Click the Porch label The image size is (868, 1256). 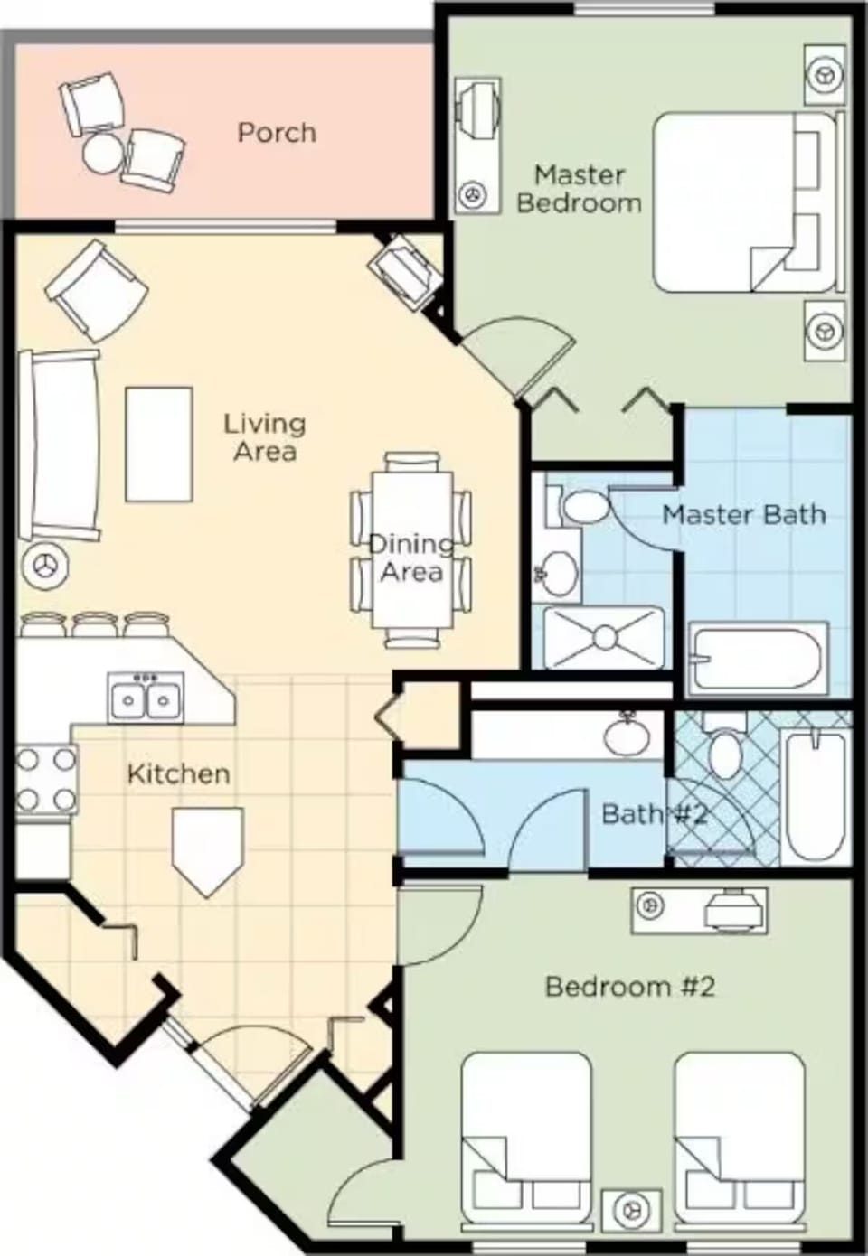click(x=277, y=133)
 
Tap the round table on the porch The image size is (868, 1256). click(x=102, y=153)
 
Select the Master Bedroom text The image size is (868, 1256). click(x=579, y=188)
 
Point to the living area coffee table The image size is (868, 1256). click(x=159, y=444)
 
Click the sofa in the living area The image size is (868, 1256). click(x=60, y=445)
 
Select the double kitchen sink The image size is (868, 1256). click(x=146, y=698)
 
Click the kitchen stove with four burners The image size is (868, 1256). click(x=46, y=779)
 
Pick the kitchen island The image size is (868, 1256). click(x=208, y=846)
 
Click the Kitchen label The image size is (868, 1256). click(x=178, y=773)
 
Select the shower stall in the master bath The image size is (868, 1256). click(x=604, y=638)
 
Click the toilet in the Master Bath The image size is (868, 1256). click(x=583, y=507)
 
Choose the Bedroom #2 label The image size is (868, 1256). click(x=630, y=986)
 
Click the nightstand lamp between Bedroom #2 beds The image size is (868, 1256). click(x=631, y=1208)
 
